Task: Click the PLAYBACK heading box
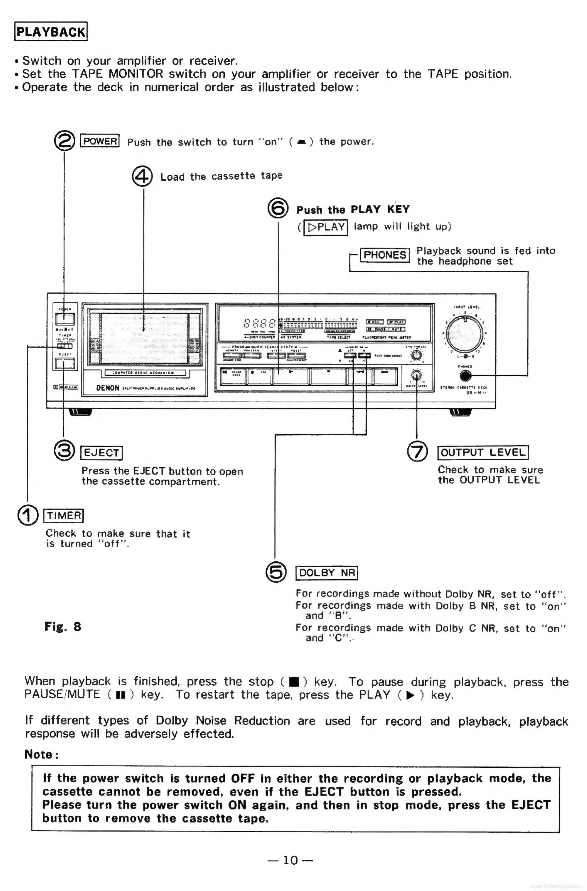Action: coord(51,31)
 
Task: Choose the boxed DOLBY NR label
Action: coord(327,573)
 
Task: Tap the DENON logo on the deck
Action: coord(108,388)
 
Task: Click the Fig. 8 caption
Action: coord(63,627)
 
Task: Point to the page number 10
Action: coord(290,860)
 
